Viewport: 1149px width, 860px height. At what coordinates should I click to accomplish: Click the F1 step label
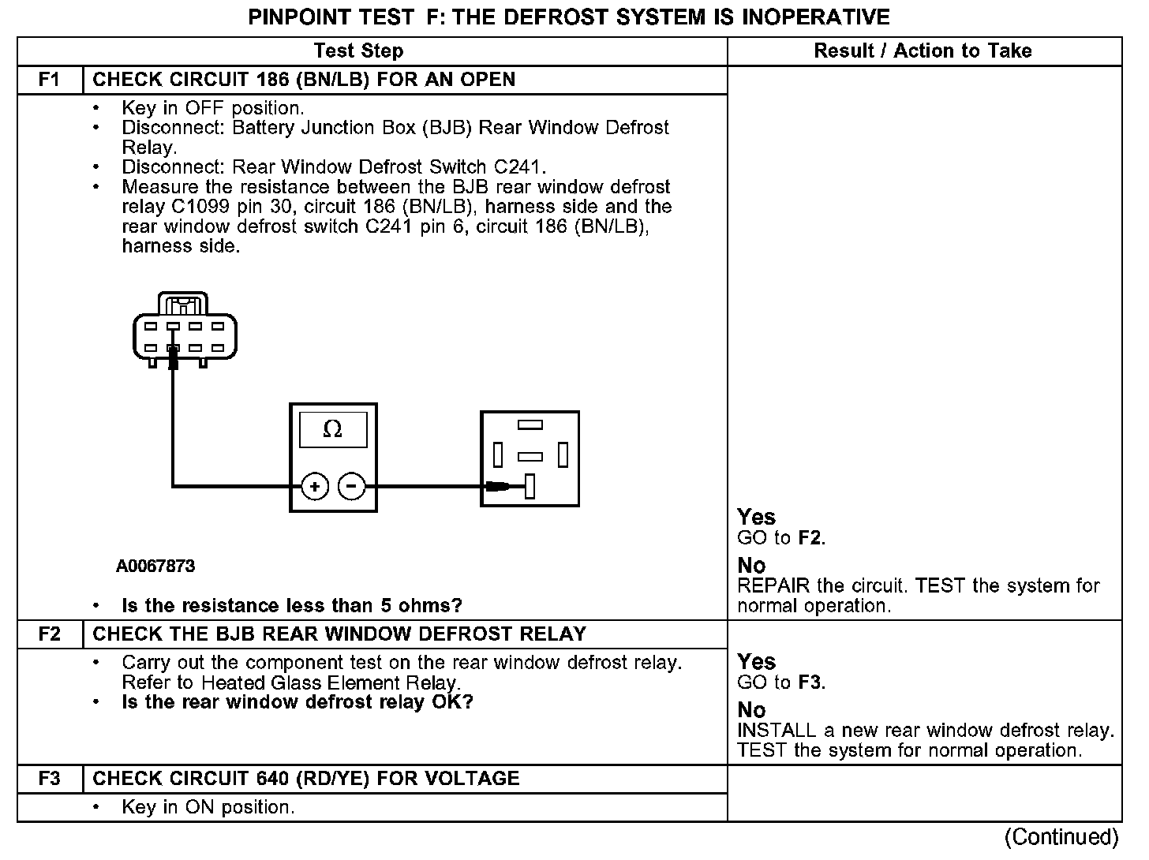(x=49, y=80)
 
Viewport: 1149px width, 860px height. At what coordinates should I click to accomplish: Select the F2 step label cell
(x=49, y=634)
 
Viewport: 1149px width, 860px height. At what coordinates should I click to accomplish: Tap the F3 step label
(x=49, y=779)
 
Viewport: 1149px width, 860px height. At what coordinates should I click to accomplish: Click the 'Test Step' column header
(x=358, y=51)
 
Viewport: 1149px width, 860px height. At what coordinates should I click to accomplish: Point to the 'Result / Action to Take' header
(x=923, y=51)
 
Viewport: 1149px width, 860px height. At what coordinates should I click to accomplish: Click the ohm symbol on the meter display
(x=333, y=430)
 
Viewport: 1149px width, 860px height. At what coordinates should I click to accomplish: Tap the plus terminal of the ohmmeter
(x=314, y=487)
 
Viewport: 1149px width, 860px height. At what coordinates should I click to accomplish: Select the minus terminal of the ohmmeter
(x=352, y=487)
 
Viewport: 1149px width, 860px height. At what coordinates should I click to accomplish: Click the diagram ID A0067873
(x=155, y=566)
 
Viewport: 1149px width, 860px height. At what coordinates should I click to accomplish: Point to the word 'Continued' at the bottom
(x=1061, y=837)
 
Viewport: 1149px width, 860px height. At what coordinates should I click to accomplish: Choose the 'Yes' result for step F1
(x=756, y=518)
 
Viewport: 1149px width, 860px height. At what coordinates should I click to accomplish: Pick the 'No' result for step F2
(x=751, y=710)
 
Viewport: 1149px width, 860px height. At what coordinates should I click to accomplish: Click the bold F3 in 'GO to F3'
(x=810, y=682)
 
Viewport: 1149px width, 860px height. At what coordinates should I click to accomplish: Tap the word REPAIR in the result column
(x=773, y=586)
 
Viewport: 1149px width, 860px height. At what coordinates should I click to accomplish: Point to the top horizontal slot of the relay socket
(x=530, y=425)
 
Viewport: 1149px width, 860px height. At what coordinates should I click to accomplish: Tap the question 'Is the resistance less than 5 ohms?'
(x=292, y=606)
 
